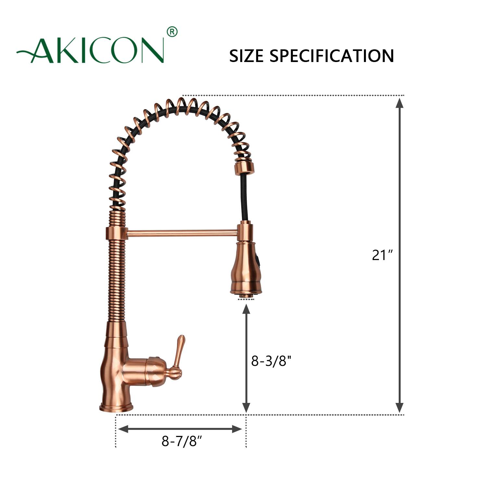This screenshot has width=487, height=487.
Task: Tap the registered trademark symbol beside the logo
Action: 172,32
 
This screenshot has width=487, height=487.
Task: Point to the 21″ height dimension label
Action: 382,255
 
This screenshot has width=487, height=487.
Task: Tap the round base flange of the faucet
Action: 116,407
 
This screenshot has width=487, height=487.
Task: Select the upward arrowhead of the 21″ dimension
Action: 399,103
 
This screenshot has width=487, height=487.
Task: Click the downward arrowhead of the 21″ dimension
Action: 399,407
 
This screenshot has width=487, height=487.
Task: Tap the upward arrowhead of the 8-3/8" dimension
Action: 246,310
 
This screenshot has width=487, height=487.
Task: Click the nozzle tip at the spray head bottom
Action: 245,295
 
